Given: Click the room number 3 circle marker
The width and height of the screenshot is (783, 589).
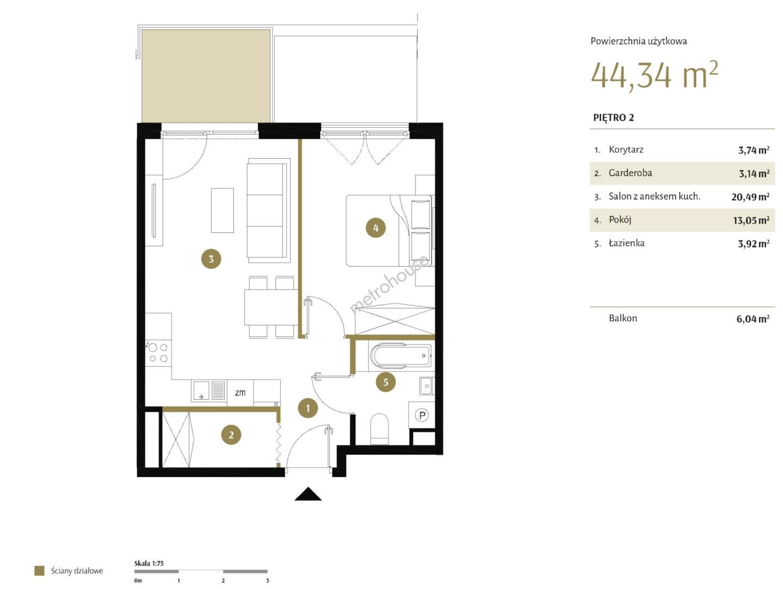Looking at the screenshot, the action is (x=211, y=259).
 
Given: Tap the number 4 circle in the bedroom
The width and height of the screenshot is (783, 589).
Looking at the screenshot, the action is (x=376, y=227).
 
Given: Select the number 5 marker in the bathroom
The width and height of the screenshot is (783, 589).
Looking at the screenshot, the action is (x=386, y=382).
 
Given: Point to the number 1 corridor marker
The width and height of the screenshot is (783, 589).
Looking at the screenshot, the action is (x=308, y=408).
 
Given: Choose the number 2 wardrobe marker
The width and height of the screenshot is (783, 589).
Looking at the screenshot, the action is (x=231, y=435).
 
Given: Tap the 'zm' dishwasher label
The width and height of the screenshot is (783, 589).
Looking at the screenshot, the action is (x=240, y=393).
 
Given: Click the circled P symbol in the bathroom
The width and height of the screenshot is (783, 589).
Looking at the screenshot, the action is (x=422, y=415).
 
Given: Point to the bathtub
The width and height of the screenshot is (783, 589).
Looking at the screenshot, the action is (x=401, y=356).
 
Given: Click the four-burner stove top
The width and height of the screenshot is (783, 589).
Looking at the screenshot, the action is (x=158, y=352).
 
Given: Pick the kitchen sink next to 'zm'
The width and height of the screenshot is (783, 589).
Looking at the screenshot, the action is (x=209, y=390).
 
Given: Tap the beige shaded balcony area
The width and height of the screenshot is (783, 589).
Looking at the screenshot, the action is (x=206, y=76).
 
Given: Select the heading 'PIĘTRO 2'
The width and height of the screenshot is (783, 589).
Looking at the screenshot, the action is (x=613, y=118).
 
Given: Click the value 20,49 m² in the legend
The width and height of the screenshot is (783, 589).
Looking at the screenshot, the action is (x=750, y=197).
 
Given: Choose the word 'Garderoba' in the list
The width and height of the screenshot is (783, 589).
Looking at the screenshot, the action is (x=630, y=173).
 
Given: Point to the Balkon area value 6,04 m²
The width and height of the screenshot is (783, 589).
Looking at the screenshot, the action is (x=752, y=318).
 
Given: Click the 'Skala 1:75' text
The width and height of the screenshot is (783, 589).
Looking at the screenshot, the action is (x=149, y=563).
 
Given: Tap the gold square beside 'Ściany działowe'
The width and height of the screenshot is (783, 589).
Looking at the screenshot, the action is (x=39, y=570).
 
